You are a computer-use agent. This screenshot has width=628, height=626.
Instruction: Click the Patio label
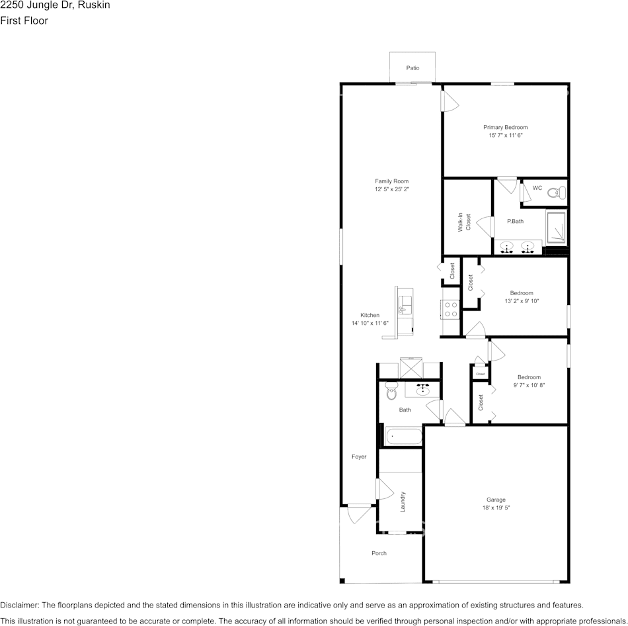pos(412,68)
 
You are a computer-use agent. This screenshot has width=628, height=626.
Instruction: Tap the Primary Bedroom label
pos(505,127)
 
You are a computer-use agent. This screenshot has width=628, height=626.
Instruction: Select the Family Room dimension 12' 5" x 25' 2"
pos(391,190)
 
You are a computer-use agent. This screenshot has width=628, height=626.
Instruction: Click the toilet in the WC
pos(557,193)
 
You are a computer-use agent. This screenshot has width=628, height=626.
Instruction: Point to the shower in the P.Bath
pos(557,227)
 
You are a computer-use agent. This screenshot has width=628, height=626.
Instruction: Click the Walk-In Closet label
pos(465,222)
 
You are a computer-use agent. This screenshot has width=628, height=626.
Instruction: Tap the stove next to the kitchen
pos(450,309)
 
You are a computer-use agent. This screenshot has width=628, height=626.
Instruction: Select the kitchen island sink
pos(405,306)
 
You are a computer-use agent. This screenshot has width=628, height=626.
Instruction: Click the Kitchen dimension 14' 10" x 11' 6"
pos(370,323)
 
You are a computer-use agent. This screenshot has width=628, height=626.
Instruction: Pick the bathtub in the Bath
pos(403,437)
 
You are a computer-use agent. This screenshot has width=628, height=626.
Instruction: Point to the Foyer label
pos(358,457)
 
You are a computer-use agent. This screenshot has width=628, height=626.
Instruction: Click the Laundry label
pos(402,502)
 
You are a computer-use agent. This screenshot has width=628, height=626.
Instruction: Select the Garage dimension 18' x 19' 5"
pos(496,508)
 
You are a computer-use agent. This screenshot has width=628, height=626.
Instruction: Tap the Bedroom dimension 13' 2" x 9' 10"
pos(522,301)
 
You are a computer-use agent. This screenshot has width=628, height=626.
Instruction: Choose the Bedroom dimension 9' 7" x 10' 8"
pos(528,385)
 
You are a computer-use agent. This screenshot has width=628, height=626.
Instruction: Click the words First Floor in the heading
pos(24,21)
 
